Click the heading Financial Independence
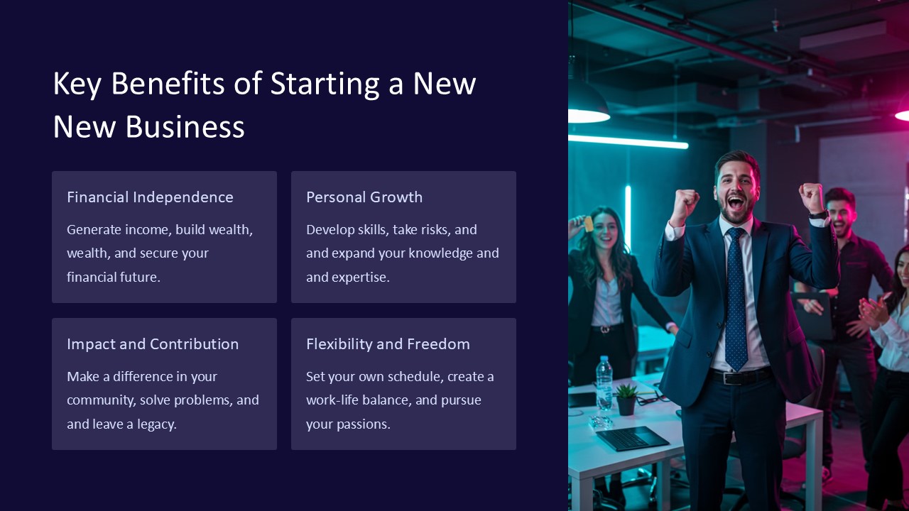click(x=150, y=197)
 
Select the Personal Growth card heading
click(x=364, y=197)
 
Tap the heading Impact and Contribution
click(x=153, y=344)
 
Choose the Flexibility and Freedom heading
click(x=388, y=344)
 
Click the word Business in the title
click(x=185, y=126)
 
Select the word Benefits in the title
click(x=168, y=83)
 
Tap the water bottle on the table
click(x=604, y=383)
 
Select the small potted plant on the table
click(x=626, y=400)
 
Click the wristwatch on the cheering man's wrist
click(x=817, y=214)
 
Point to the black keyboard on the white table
click(x=632, y=439)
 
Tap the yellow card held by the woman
click(x=589, y=224)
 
